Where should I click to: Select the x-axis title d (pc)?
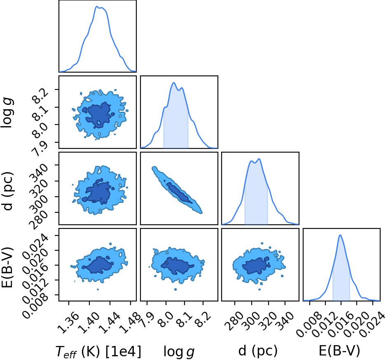pos(258,351)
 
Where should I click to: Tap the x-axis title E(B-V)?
pos(339,351)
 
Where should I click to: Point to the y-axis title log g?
pos(7,113)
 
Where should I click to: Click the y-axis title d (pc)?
pos(8,190)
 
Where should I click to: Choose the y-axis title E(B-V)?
pos(7,268)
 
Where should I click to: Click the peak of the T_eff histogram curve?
pos(97,7)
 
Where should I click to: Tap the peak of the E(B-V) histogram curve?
pos(340,235)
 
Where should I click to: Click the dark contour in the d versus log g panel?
pos(179,193)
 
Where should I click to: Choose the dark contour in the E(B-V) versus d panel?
pos(256,266)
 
